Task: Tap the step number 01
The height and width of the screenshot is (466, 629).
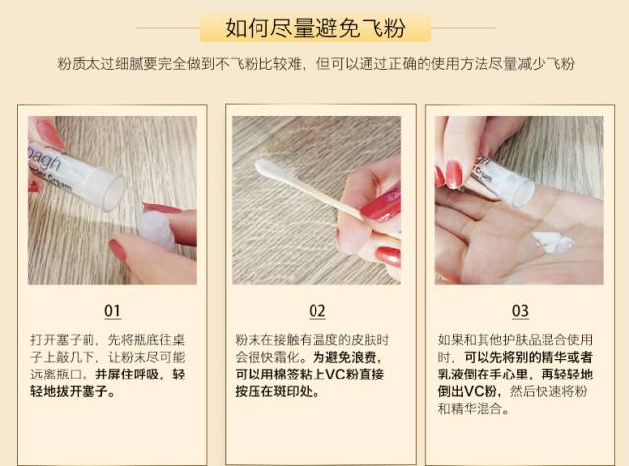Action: [112, 311]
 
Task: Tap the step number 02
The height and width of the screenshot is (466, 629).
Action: [316, 311]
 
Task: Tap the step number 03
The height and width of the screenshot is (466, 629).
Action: [520, 311]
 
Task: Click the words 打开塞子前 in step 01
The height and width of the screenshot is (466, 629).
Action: [64, 339]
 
